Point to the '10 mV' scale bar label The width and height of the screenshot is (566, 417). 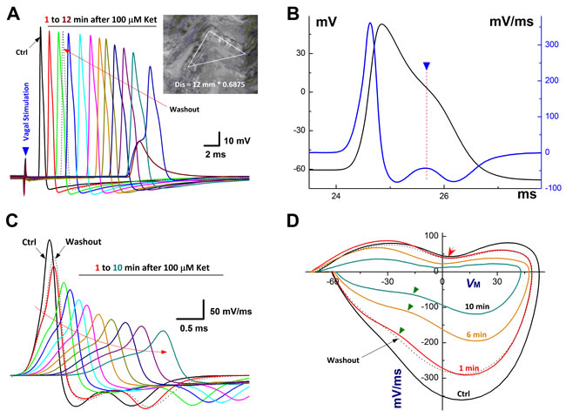pyautogui.click(x=236, y=139)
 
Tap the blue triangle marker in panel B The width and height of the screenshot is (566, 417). pyautogui.click(x=426, y=66)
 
